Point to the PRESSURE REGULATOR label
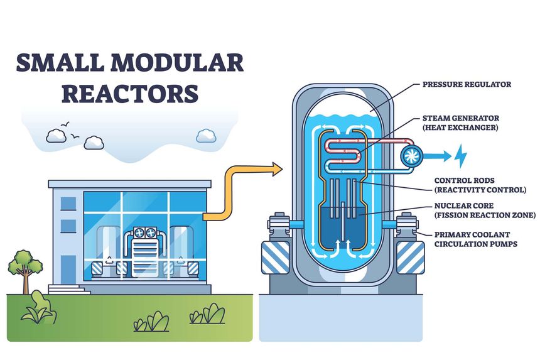(467, 84)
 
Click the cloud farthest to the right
(206, 136)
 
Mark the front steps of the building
(65, 290)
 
